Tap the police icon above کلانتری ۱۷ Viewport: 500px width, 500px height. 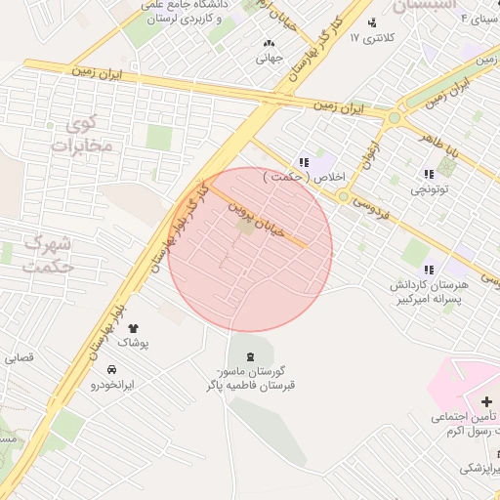372,22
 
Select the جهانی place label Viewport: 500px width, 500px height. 269,58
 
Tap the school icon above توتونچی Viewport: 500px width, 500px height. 429,173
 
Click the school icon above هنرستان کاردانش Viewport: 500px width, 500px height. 428,269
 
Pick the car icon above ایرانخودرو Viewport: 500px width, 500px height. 112,369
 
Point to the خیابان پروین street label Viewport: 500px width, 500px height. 256,220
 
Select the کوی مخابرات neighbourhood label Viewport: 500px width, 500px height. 82,136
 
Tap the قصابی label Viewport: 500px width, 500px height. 19,357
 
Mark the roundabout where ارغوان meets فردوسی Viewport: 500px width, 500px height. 343,196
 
